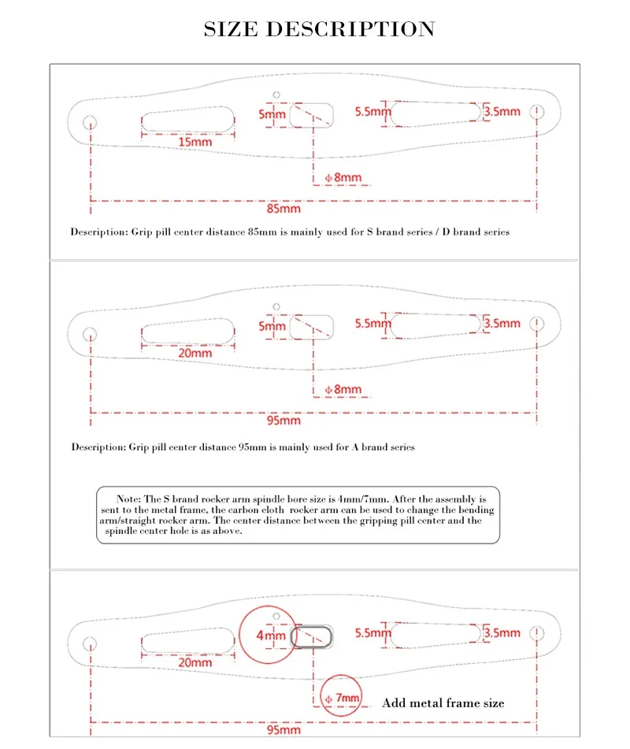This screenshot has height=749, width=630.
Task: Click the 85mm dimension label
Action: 283,208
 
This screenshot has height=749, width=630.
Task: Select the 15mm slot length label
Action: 195,142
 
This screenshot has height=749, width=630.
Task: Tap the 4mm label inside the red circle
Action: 271,636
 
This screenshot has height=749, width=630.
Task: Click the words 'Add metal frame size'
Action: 443,703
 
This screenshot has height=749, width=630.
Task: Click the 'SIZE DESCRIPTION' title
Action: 319,28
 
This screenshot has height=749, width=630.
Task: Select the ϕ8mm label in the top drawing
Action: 343,178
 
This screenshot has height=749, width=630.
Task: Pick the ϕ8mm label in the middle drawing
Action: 343,389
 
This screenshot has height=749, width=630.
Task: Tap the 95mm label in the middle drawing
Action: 283,421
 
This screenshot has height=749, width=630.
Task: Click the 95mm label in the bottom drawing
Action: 283,729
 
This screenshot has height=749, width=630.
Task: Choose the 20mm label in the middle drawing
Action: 195,353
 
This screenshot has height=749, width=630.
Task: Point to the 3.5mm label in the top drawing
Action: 502,111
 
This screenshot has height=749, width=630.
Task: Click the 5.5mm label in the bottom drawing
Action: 372,633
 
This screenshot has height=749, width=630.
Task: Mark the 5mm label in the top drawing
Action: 272,114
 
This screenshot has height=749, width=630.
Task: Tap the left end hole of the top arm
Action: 90,123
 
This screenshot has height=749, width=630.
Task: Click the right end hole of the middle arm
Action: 537,324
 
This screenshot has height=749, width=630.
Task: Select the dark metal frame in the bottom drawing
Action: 292,636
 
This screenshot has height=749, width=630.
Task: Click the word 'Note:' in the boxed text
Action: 128,499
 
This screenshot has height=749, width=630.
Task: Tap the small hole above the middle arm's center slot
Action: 276,306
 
